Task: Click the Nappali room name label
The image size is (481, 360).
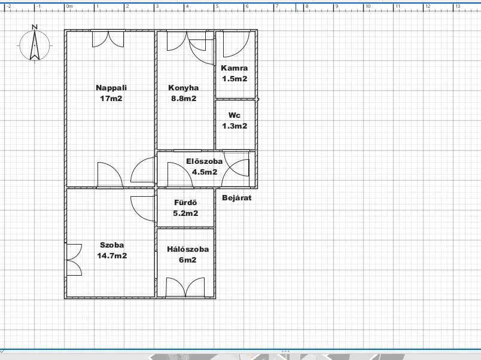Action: click(x=111, y=88)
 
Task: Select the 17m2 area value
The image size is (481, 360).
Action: click(x=111, y=99)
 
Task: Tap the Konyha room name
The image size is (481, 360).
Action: click(x=184, y=88)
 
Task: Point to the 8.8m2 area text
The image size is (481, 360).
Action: click(x=184, y=99)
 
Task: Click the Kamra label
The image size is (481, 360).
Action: click(x=235, y=68)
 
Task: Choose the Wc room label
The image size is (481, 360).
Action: click(x=235, y=115)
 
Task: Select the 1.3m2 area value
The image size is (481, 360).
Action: click(x=235, y=126)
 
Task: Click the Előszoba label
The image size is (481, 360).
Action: click(x=204, y=161)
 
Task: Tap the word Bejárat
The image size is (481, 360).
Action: click(x=237, y=198)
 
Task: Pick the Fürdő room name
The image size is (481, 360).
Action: click(x=185, y=203)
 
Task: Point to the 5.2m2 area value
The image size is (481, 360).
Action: click(x=185, y=213)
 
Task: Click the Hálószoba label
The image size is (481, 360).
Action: click(x=188, y=249)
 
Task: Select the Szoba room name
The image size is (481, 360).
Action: click(x=112, y=245)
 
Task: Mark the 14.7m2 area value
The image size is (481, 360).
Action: click(x=112, y=256)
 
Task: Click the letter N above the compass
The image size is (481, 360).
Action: click(x=35, y=27)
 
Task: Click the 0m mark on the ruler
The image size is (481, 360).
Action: click(x=69, y=6)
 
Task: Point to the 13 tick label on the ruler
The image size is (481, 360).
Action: click(x=458, y=6)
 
